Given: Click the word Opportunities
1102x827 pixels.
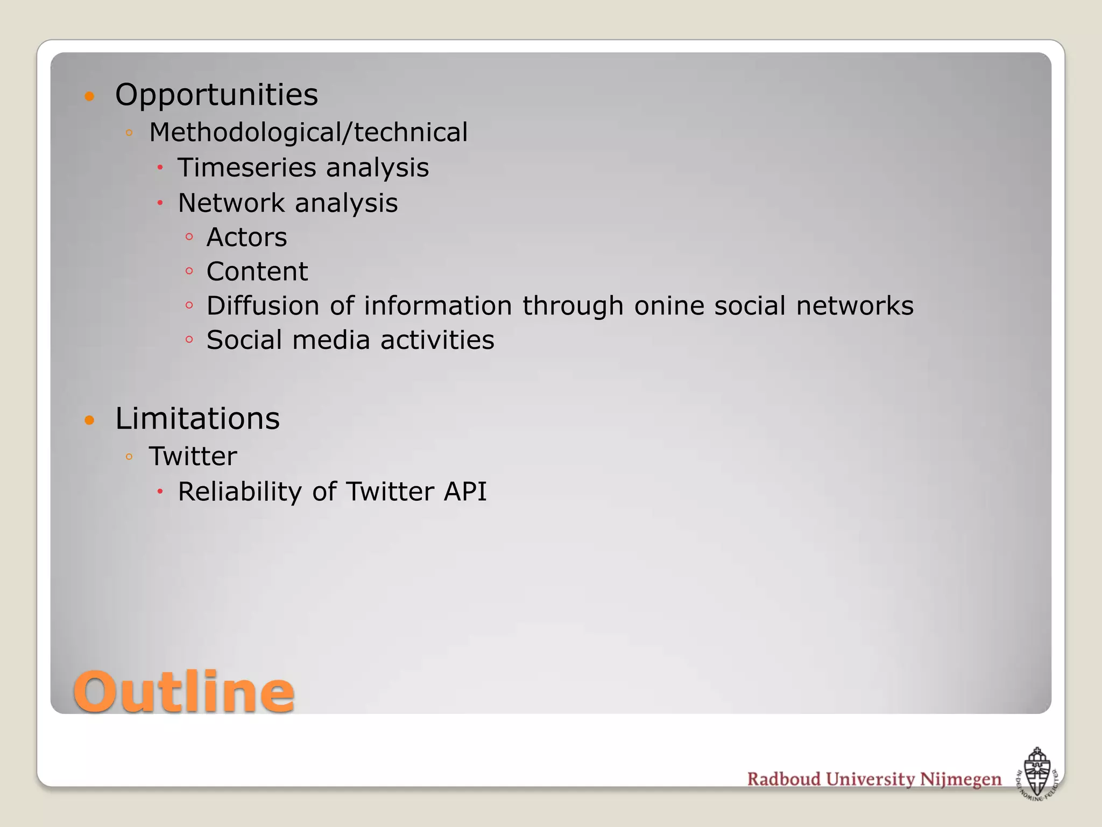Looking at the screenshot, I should point(216,95).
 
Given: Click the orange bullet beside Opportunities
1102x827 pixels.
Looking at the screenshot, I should point(90,97).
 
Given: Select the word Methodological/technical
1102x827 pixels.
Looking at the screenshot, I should point(308,132).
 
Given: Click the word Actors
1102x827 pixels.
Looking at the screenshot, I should point(246,237).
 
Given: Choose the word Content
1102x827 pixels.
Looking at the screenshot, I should point(257,271).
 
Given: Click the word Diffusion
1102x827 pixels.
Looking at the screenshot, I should point(263,306).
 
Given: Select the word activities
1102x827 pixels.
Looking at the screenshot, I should point(437,340).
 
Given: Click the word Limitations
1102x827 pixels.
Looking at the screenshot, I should point(197,419).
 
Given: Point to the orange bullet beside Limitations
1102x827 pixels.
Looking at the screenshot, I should point(90,420).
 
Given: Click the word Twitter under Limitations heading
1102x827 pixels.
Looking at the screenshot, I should point(193,457).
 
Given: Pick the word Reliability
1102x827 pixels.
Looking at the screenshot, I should point(240,492).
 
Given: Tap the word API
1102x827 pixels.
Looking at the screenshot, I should point(465,492).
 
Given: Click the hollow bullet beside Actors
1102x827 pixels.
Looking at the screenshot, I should point(189,237).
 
